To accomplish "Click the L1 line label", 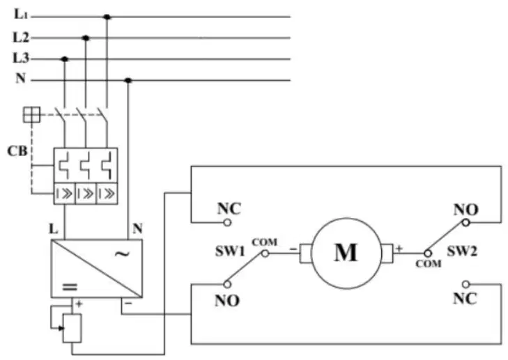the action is click(21, 14).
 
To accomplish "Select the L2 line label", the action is click(21, 38).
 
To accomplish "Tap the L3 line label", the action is click(21, 58).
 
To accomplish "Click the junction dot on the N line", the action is click(128, 80).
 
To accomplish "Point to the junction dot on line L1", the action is click(107, 17).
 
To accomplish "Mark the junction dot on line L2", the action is click(86, 38).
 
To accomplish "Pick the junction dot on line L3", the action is click(65, 59).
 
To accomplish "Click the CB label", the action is click(17, 151).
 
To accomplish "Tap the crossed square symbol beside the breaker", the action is click(32, 115).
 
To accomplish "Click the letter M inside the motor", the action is click(346, 252).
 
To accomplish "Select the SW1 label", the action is click(231, 251).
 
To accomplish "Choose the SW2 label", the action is click(462, 251).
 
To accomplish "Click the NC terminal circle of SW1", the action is click(227, 223).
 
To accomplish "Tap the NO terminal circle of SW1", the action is click(227, 284).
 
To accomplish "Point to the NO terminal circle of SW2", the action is click(466, 223).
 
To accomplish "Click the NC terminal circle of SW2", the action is click(466, 284).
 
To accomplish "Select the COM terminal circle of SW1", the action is click(265, 253).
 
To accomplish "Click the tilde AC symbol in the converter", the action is click(122, 253).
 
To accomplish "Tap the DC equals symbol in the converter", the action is click(70, 287).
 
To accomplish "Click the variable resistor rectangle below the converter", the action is click(72, 328).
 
